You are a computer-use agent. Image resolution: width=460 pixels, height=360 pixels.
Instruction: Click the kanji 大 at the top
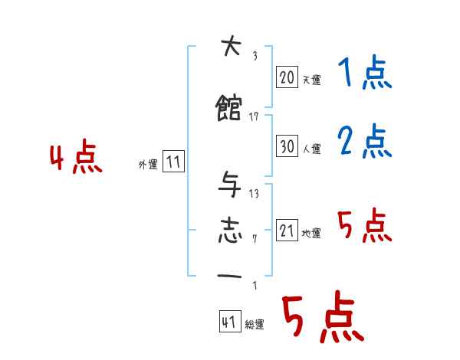(229, 48)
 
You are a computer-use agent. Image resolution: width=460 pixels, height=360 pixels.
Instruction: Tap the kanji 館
(229, 109)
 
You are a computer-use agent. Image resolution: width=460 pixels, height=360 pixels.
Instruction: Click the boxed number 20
(286, 77)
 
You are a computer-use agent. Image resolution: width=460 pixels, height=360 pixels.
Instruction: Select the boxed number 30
(286, 146)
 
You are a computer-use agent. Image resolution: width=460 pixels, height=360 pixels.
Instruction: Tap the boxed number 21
(286, 231)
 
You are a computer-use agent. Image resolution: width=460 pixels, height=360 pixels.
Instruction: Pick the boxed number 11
(173, 162)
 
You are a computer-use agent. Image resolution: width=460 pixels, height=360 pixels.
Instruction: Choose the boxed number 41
(228, 322)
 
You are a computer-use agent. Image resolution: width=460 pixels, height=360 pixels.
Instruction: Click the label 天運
(311, 80)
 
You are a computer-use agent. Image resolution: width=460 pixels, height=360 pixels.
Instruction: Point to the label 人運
(311, 149)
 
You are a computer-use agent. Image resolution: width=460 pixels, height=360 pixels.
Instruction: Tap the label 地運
(311, 233)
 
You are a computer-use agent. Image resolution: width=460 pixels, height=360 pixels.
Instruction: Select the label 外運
(148, 164)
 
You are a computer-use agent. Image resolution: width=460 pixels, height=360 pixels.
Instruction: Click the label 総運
(255, 325)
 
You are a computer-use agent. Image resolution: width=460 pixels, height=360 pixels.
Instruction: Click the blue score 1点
(364, 74)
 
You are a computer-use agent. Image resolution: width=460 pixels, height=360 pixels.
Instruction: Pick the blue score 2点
(364, 142)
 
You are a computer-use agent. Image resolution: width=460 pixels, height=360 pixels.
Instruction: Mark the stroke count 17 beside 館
(255, 116)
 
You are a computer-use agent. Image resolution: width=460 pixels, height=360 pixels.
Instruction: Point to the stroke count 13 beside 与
(254, 193)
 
